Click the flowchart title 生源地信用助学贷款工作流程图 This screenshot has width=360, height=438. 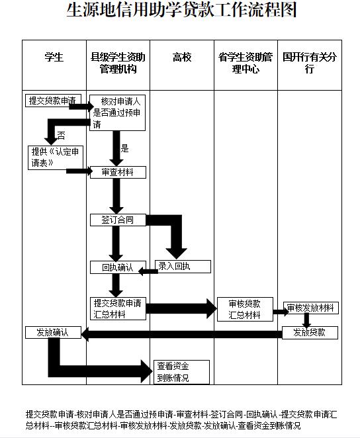coord(181,10)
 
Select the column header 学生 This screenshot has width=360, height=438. coord(54,58)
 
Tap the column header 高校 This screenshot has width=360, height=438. coord(182,58)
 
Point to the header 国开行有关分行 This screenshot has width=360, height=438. coord(310,63)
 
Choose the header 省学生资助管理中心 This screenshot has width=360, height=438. coord(246,63)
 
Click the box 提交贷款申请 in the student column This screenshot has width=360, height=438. coord(53,101)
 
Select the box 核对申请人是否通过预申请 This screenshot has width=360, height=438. coord(117,113)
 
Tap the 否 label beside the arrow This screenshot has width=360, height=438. coord(61,136)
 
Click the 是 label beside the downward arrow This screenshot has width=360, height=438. coord(124,148)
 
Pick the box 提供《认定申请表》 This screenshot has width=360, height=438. coord(56,157)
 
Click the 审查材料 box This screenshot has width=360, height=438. coord(118,172)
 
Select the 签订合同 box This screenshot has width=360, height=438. coord(118,220)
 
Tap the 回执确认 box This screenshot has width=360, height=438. coord(118,267)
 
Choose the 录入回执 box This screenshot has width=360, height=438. coord(183,267)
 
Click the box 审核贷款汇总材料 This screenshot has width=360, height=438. coord(245,309)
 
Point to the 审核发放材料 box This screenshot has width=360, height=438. coord(311,308)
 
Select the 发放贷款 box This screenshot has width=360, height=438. coord(310,333)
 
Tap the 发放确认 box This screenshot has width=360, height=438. coord(53,332)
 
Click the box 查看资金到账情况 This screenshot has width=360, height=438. coord(181,372)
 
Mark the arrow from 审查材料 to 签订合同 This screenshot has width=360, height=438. coord(116,196)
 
